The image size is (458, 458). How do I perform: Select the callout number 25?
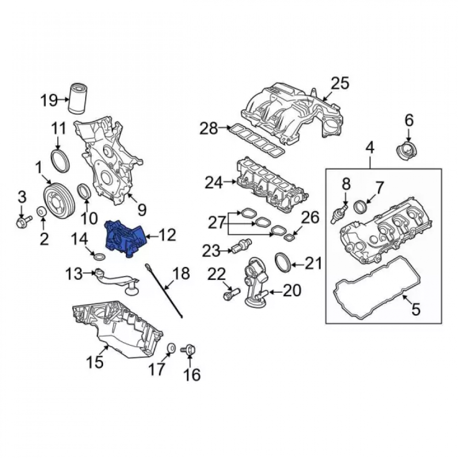(340, 83)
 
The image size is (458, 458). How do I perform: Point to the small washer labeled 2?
(42, 212)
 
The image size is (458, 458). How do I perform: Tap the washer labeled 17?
(171, 348)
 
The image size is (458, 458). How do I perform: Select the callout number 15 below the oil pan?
(95, 362)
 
